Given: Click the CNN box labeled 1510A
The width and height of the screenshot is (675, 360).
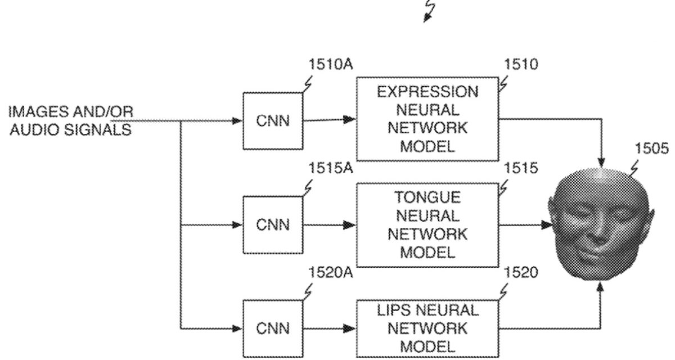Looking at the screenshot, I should (x=273, y=120).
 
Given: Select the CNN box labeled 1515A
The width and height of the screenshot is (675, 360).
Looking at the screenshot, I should (x=273, y=225).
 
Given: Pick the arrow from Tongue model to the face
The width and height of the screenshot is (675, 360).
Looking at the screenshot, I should (x=523, y=225).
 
